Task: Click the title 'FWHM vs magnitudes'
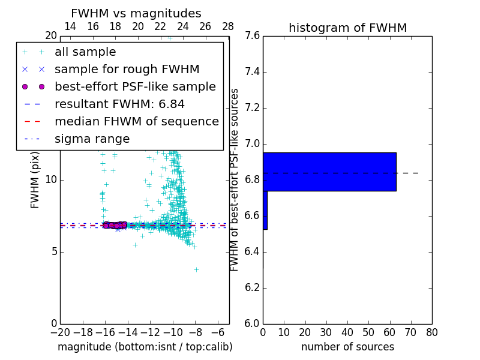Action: (136, 14)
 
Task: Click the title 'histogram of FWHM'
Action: (347, 28)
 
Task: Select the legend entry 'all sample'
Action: (85, 52)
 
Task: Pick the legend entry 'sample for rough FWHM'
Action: (127, 70)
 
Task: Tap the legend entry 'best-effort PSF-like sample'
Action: (135, 87)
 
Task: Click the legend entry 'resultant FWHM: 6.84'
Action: (119, 104)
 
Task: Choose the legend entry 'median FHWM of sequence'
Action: (136, 122)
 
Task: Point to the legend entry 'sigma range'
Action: (92, 139)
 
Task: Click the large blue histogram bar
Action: (329, 172)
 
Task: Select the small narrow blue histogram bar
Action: (265, 210)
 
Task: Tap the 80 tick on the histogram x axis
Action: (431, 332)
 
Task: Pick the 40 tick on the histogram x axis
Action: (347, 332)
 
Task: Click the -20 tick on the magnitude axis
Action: (60, 332)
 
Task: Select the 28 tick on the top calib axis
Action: (228, 26)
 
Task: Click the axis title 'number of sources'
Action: (347, 347)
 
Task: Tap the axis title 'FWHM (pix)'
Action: (35, 180)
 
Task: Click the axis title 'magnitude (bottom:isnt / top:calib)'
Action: (145, 347)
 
